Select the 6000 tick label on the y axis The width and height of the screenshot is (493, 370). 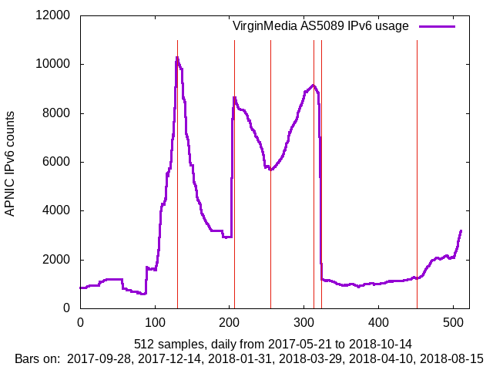(55, 162)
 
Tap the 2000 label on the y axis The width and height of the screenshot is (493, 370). (55, 260)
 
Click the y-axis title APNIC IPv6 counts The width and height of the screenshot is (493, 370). (10, 162)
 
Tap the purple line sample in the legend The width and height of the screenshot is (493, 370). (437, 26)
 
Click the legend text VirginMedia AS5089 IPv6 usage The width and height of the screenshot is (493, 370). (320, 26)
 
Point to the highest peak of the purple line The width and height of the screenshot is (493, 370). (177, 57)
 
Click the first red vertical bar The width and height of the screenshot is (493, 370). (177, 193)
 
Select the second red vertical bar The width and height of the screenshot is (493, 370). (234, 193)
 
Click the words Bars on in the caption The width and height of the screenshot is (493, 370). (38, 358)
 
